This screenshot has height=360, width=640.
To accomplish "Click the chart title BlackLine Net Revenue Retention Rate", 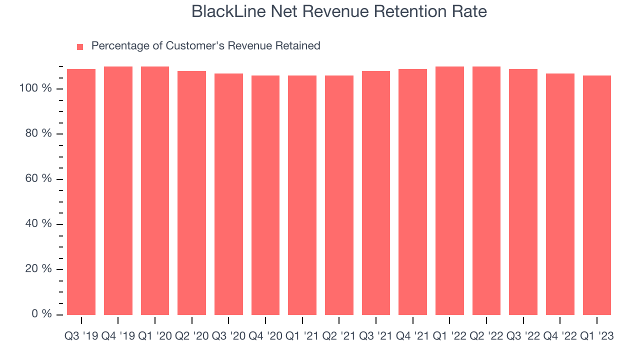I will point(339,11).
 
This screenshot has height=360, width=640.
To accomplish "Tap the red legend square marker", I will point(80,47).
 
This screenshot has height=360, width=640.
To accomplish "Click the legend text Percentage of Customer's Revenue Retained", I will point(205,46).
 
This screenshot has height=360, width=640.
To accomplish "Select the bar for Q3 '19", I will point(81,192).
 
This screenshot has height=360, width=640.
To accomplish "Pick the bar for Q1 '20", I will point(155,190).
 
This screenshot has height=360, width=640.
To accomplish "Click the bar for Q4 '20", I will point(265,195).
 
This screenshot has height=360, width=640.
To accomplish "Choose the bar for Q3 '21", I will point(376,193).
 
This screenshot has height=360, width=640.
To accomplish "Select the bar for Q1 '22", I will point(449,190).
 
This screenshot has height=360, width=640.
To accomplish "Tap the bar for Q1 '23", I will point(597,195).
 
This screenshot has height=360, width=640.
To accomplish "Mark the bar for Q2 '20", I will point(191,193).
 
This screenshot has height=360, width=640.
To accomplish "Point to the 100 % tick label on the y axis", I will point(35,88).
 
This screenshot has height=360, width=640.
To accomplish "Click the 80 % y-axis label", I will point(38,133).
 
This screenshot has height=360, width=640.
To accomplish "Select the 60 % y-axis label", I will point(38,178).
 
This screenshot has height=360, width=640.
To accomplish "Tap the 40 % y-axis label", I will point(38,223).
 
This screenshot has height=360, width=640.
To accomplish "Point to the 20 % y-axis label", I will point(38,268).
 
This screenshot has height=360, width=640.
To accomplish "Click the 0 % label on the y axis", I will point(40,313).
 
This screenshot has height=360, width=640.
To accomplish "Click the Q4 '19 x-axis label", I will point(118,336).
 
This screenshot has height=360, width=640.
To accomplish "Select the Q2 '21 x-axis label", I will point(339,336).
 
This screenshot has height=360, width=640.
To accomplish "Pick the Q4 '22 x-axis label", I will point(560,336).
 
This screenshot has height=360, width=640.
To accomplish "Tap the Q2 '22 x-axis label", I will point(486,336).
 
